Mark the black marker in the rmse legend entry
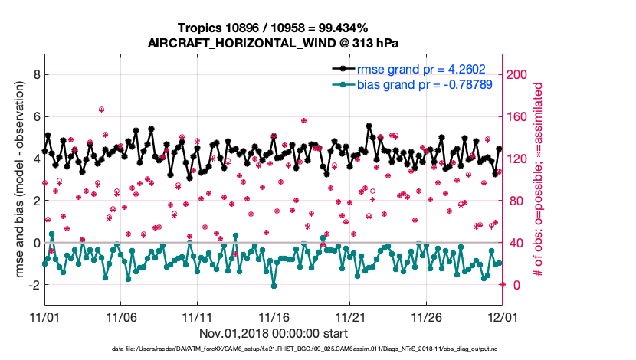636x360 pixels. (338, 69)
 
